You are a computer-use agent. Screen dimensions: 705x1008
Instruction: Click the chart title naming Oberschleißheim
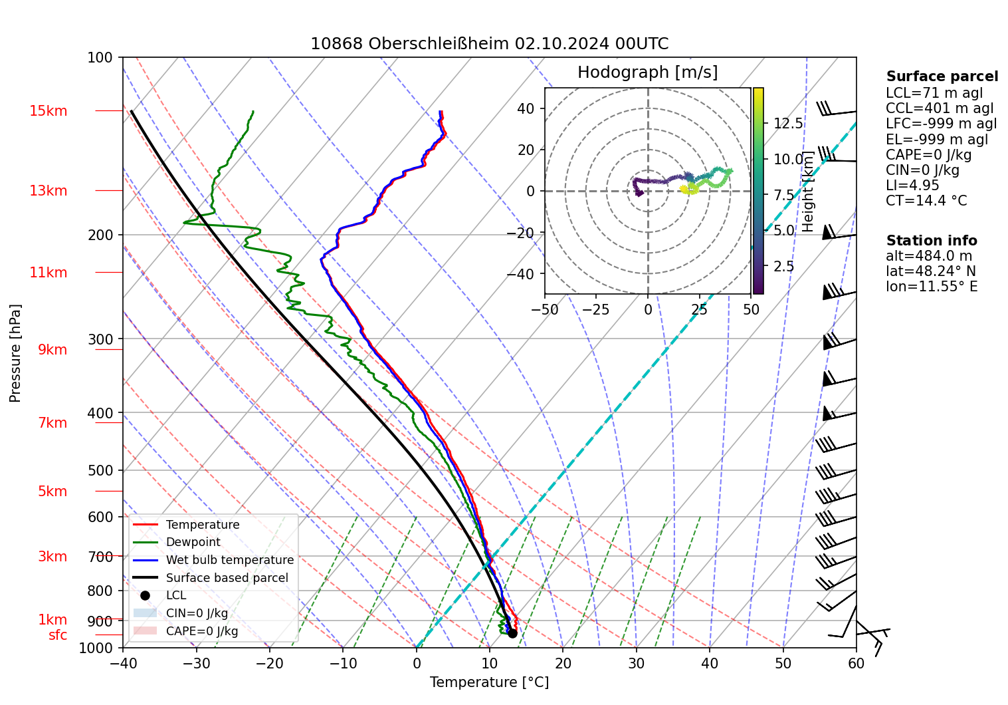pos(489,44)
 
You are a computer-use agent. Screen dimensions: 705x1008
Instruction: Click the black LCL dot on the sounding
pos(512,633)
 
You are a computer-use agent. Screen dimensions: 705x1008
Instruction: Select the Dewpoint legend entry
pos(193,542)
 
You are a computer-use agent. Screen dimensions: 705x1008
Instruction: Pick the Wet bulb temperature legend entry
pos(229,560)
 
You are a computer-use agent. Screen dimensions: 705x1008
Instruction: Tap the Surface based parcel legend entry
pos(227,578)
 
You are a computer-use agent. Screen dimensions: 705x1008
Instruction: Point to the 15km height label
pos(48,111)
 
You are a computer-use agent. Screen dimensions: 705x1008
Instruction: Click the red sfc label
pos(58,635)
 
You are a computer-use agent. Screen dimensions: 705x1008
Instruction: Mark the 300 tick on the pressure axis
pos(100,339)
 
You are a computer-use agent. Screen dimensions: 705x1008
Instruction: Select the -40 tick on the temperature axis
pos(123,663)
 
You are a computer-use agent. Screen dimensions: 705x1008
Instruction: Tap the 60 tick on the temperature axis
pos(856,663)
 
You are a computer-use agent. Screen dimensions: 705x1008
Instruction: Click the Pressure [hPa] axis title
pos(15,353)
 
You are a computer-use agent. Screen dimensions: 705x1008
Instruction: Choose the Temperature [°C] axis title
pos(489,682)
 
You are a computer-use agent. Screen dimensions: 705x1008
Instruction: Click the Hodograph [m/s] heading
pos(647,72)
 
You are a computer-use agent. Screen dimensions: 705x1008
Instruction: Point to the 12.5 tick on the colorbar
pos(788,124)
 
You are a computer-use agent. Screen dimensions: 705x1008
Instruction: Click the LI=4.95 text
pos(912,186)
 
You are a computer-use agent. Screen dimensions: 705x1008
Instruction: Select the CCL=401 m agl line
pos(940,108)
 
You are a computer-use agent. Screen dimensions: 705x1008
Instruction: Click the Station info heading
pos(932,241)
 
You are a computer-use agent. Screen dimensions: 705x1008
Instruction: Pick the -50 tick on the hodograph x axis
pos(545,309)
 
